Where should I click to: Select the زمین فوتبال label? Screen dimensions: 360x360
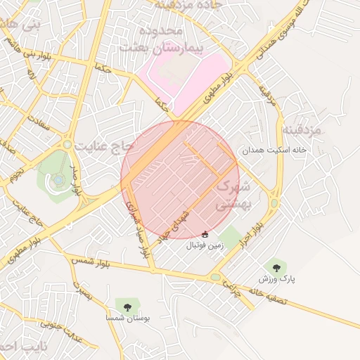tap(205, 246)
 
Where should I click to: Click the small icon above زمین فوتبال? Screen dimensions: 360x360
tap(205, 234)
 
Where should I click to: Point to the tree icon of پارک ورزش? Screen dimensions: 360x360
tap(276, 266)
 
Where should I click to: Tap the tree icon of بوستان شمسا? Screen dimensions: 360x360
tap(127, 306)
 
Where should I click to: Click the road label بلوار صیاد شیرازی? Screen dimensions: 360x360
tap(137, 225)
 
